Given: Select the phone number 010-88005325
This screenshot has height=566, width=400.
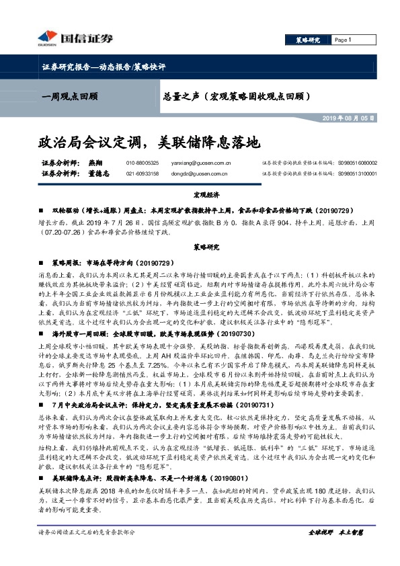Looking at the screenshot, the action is tap(143, 163).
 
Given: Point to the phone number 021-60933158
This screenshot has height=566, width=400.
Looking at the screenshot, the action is tap(143, 173).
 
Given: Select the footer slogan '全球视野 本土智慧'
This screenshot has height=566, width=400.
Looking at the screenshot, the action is tap(335, 551).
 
